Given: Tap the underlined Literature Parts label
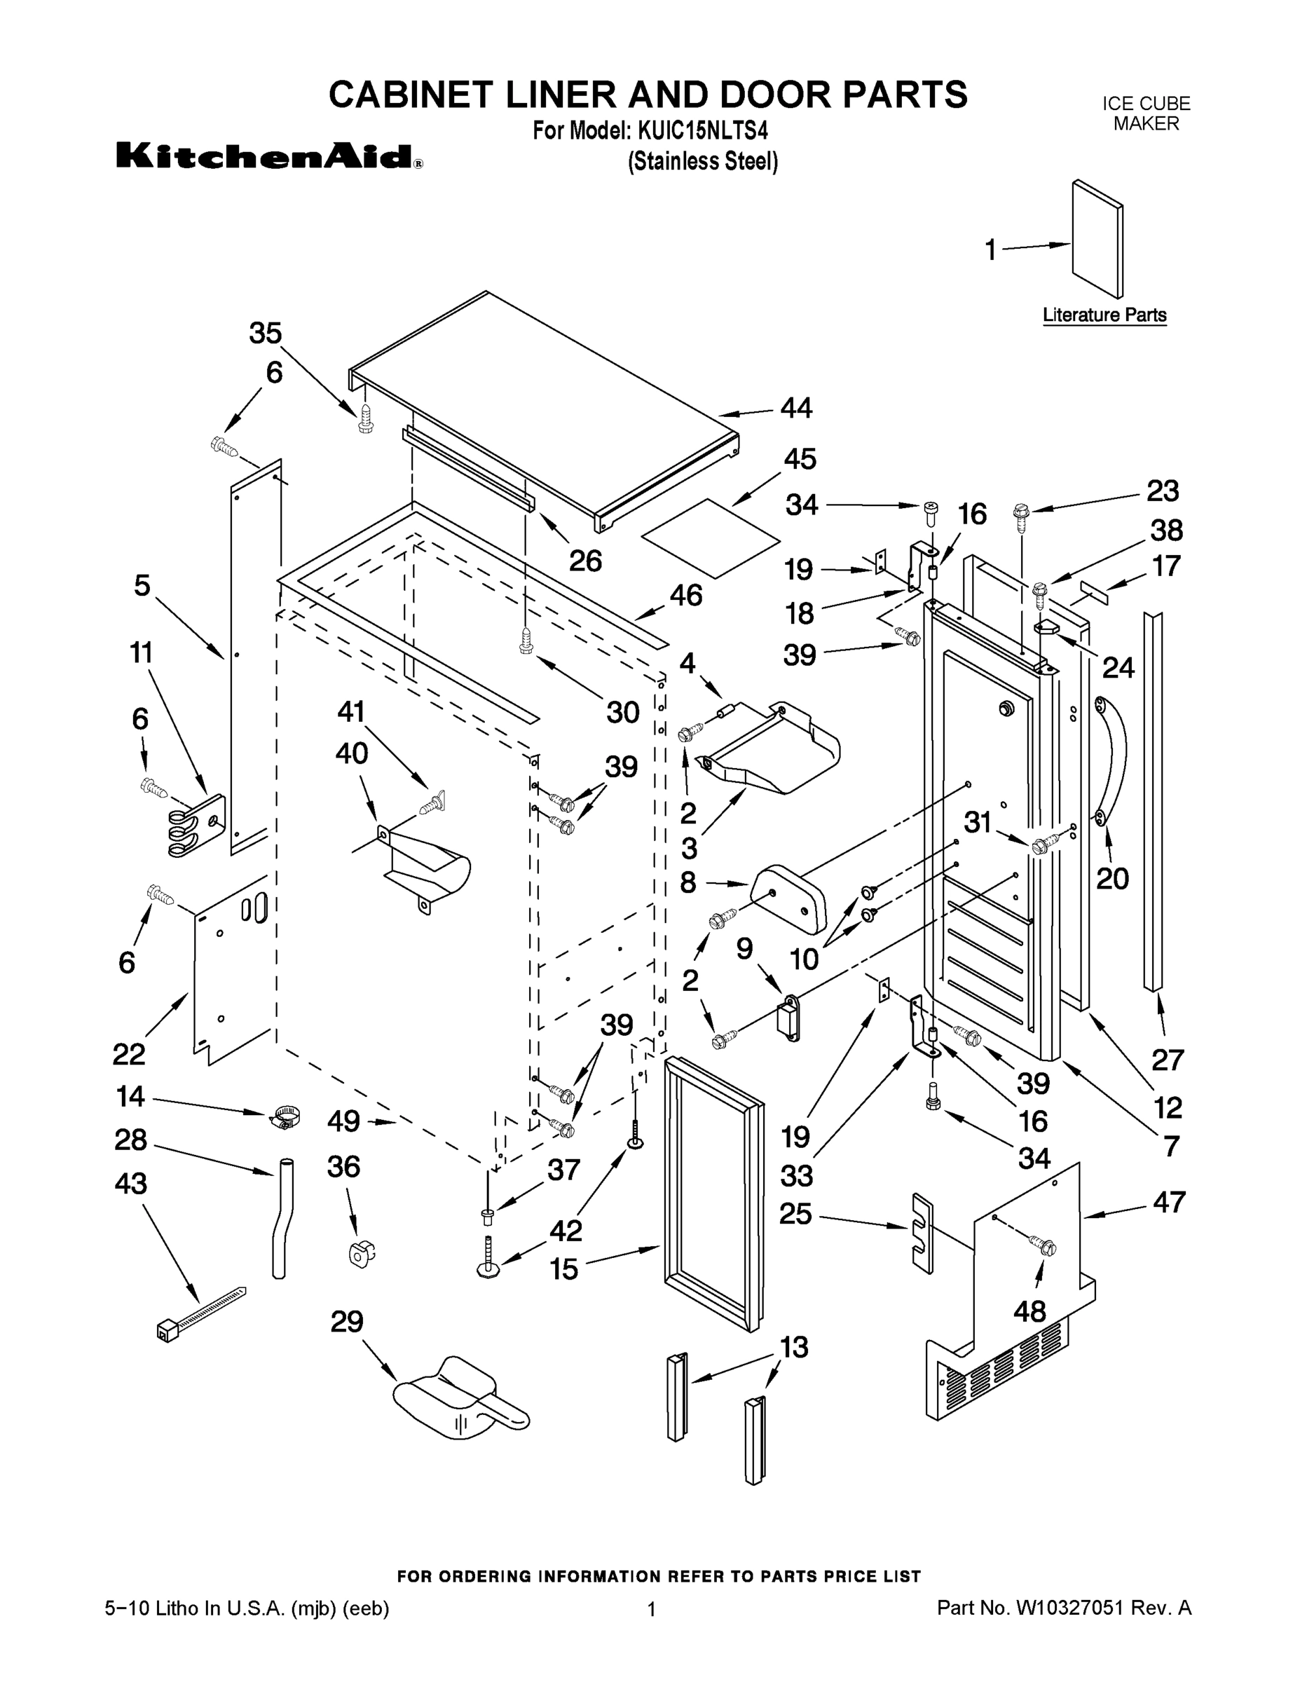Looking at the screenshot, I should coord(1104,315).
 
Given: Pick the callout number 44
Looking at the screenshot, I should coord(795,407).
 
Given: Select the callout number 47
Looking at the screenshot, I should coord(1168,1202).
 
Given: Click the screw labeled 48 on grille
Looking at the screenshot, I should coord(1044,1246).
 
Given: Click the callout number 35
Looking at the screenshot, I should coord(266,334).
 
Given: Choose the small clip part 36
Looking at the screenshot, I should coord(360,1252).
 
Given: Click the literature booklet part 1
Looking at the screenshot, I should coord(1097,239).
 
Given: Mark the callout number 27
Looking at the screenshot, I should coord(1167,1060).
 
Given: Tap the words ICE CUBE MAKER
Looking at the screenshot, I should coord(1145,114).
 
